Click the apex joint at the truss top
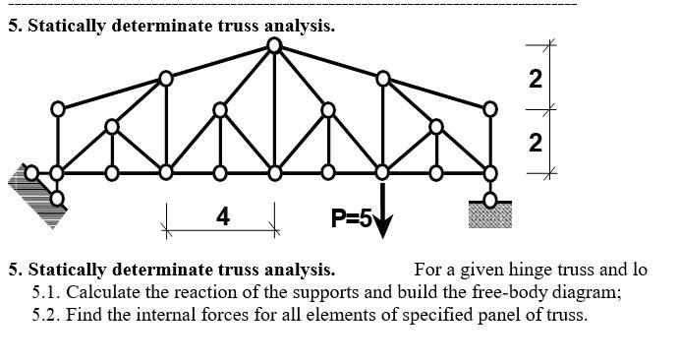pos(275,44)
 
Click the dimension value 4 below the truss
pos(223,215)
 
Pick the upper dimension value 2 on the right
pos(536,80)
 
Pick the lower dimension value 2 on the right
pos(536,144)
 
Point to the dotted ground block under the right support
pos(490,213)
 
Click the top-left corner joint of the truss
pos(58,108)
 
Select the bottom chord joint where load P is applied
pos(383,173)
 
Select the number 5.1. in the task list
pos(46,292)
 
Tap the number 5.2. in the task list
pos(46,315)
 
